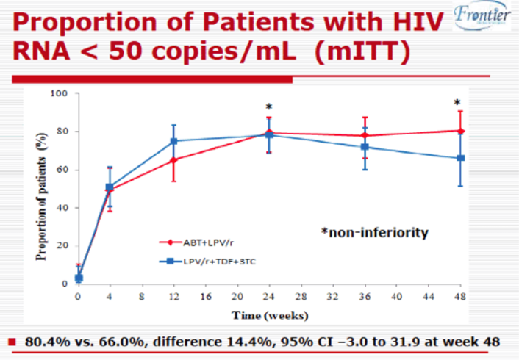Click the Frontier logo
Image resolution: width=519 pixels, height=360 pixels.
click(x=481, y=18)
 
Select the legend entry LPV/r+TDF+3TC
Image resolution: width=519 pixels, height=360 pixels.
click(x=217, y=260)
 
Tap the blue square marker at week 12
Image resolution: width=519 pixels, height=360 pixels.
click(x=174, y=141)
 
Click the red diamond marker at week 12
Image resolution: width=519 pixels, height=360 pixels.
click(x=174, y=159)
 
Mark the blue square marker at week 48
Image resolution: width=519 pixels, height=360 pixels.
click(x=460, y=158)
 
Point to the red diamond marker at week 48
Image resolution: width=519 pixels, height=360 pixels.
click(x=460, y=131)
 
